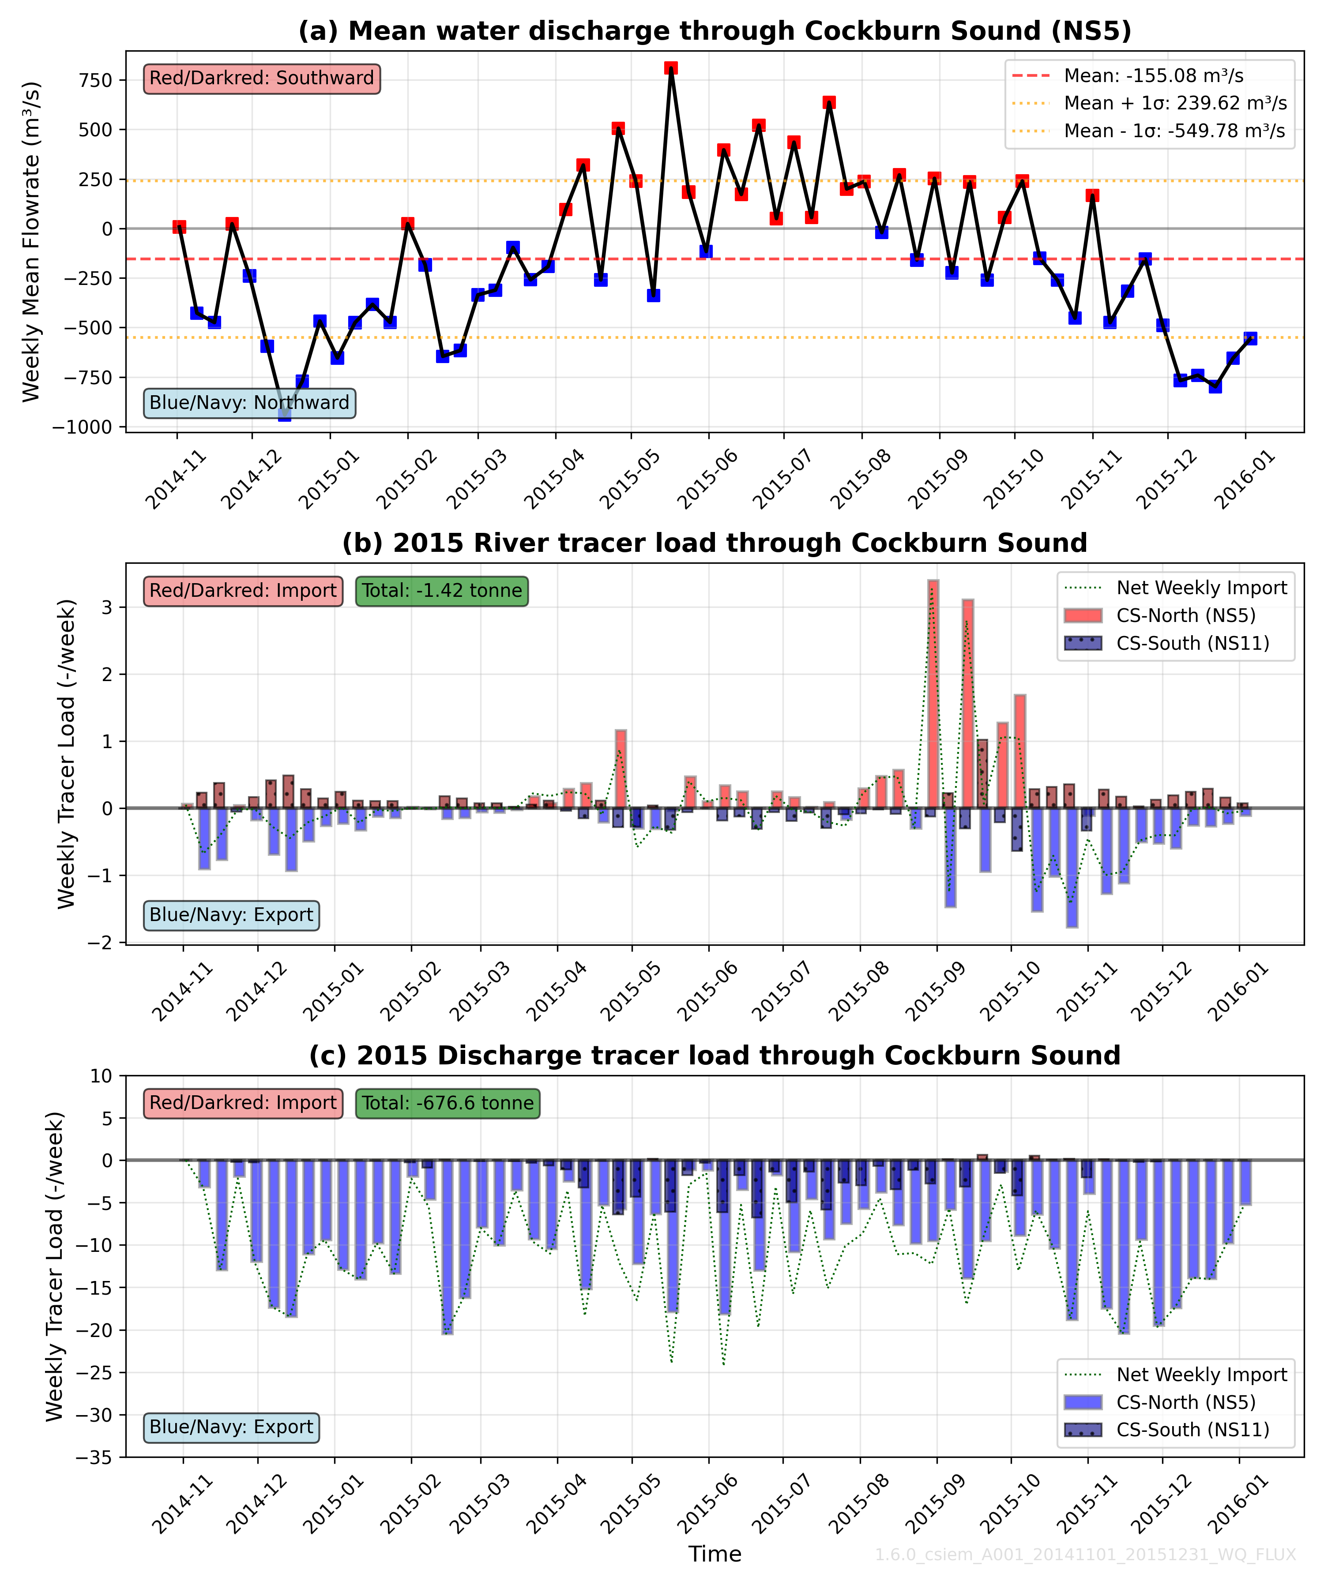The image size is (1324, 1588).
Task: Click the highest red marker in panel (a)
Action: coord(670,68)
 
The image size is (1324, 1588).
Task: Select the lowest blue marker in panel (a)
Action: coord(285,414)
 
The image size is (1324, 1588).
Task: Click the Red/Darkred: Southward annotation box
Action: coord(262,79)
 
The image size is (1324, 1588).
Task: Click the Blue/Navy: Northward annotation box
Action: coord(250,403)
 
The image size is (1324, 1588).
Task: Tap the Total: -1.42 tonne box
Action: coord(442,591)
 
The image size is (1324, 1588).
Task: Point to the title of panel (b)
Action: coord(714,543)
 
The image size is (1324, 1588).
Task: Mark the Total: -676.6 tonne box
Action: coord(448,1103)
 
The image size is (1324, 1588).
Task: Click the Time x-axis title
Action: coord(714,1554)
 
